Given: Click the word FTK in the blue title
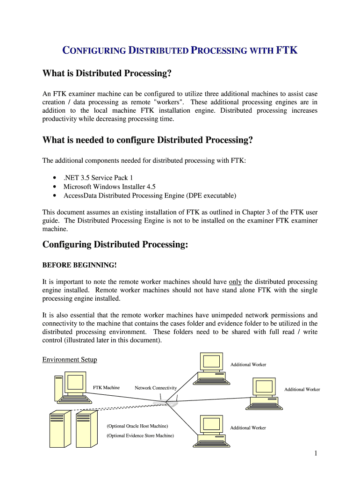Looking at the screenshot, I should point(287,51).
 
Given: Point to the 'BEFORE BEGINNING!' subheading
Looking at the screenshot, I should point(79,265).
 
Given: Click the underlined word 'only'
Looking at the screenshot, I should point(235,282).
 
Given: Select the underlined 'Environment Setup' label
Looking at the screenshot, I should point(70,360).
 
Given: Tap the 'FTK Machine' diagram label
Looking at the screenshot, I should point(106,388).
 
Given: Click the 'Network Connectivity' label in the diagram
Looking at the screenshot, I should point(156,388).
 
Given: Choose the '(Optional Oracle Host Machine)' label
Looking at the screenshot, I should point(137,426).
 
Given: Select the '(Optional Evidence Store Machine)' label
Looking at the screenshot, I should point(140,435).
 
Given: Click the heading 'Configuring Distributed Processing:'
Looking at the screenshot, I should point(115,245).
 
